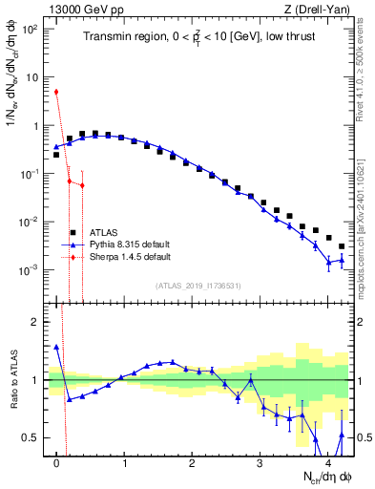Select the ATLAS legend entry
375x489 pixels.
(104, 232)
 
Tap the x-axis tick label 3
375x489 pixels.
(260, 463)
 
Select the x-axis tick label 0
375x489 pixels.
(57, 463)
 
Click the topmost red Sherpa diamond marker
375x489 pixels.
(56, 92)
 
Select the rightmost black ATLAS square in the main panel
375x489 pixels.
(341, 246)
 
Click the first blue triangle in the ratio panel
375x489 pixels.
(56, 348)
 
